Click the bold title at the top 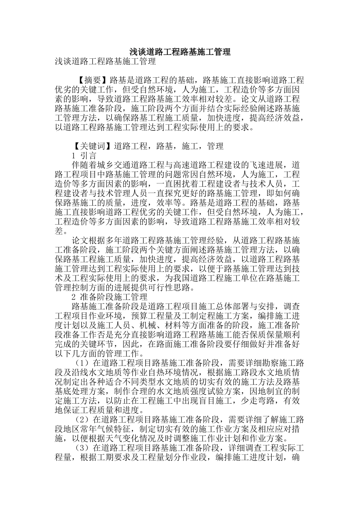pyautogui.click(x=180, y=52)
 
